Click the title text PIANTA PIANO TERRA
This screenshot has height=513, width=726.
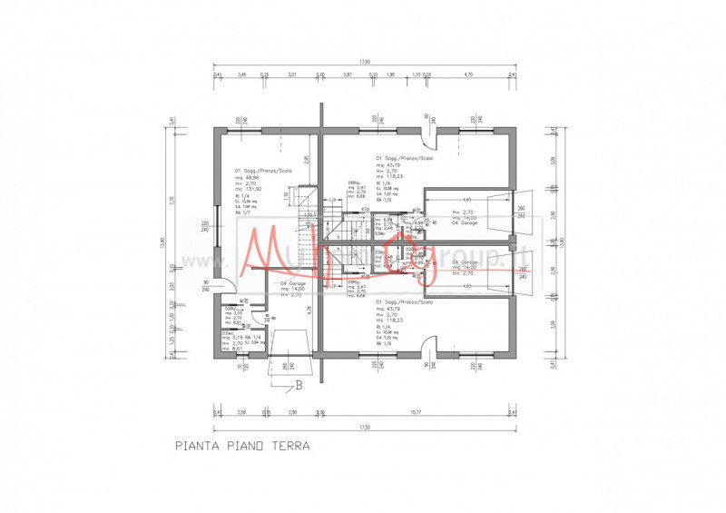tap(242, 446)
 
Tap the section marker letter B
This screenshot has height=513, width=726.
tap(298, 385)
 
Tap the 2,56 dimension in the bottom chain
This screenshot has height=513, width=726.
tap(241, 412)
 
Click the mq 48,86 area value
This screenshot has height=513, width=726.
tap(247, 177)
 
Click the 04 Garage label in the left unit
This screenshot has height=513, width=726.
tap(292, 283)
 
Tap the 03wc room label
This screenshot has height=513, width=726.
tap(228, 333)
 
